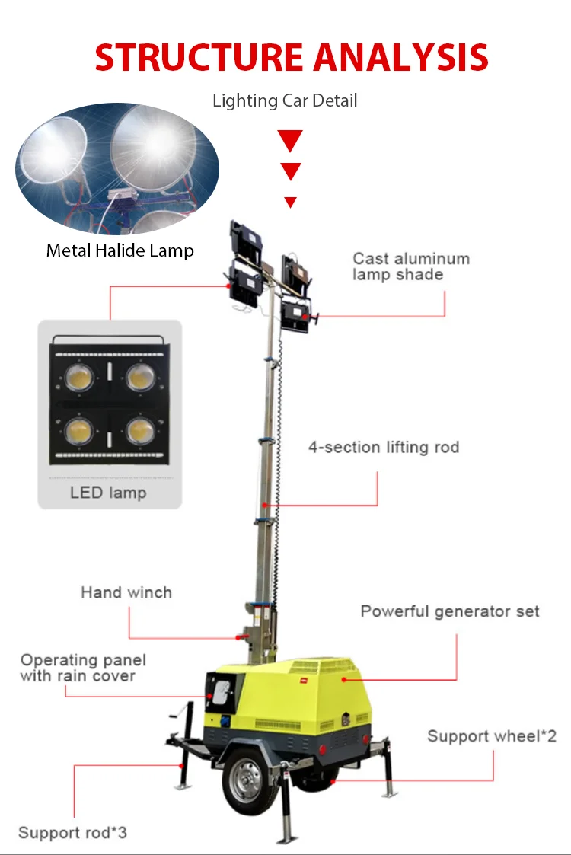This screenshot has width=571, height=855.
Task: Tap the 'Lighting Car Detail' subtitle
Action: (285, 100)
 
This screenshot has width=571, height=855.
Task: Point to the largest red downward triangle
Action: (290, 140)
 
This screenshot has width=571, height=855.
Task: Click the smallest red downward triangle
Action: (290, 202)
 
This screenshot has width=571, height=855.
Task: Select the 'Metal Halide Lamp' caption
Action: (120, 250)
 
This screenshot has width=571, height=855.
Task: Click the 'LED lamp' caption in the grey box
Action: (108, 493)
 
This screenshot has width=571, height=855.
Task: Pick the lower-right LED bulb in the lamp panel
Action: (140, 432)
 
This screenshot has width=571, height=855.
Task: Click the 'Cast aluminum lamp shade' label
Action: (411, 266)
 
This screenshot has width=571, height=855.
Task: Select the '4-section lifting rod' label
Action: (384, 447)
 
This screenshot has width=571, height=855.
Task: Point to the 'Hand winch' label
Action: (126, 592)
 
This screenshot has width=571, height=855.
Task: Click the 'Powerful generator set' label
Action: (450, 611)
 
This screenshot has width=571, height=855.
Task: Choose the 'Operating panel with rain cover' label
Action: (83, 668)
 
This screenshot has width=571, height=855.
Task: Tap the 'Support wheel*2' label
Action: (492, 736)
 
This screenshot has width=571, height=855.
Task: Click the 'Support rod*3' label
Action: (72, 833)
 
